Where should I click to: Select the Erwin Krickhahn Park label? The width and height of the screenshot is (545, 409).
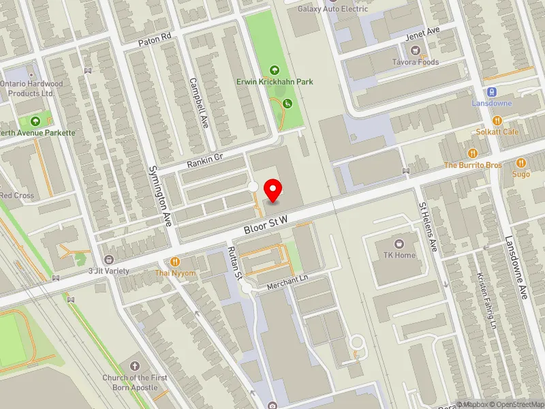[x=275, y=82]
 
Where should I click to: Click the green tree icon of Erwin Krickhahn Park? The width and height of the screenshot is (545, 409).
[x=275, y=70]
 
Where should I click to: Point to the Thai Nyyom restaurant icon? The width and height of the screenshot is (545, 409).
[x=175, y=262]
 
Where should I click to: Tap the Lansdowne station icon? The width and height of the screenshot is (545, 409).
[x=490, y=92]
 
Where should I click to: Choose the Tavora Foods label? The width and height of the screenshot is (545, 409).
[x=415, y=62]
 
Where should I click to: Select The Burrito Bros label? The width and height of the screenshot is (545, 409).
[x=473, y=165]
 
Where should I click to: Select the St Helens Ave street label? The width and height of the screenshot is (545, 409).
[x=428, y=226]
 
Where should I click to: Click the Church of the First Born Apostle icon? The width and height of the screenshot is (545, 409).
[x=134, y=366]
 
